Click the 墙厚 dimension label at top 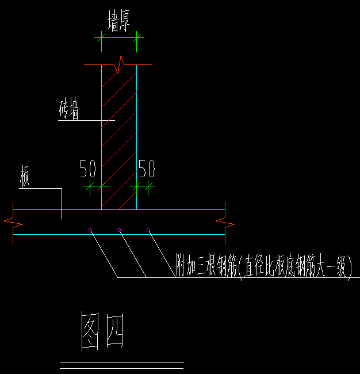point(118,23)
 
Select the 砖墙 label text point(69,109)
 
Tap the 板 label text point(25,177)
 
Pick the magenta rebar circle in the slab point(90,230)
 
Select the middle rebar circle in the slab point(119,230)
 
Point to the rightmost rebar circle point(148,230)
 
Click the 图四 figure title point(102,332)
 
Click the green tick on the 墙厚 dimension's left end point(102,37)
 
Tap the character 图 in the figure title point(91,332)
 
